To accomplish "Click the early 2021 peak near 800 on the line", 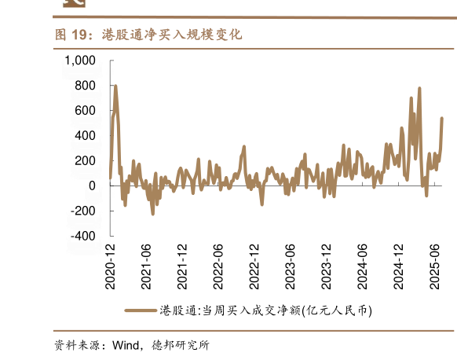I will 115,86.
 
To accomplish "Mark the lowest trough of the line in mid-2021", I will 152,214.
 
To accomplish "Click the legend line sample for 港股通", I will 140,310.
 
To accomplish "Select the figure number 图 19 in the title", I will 70,35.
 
